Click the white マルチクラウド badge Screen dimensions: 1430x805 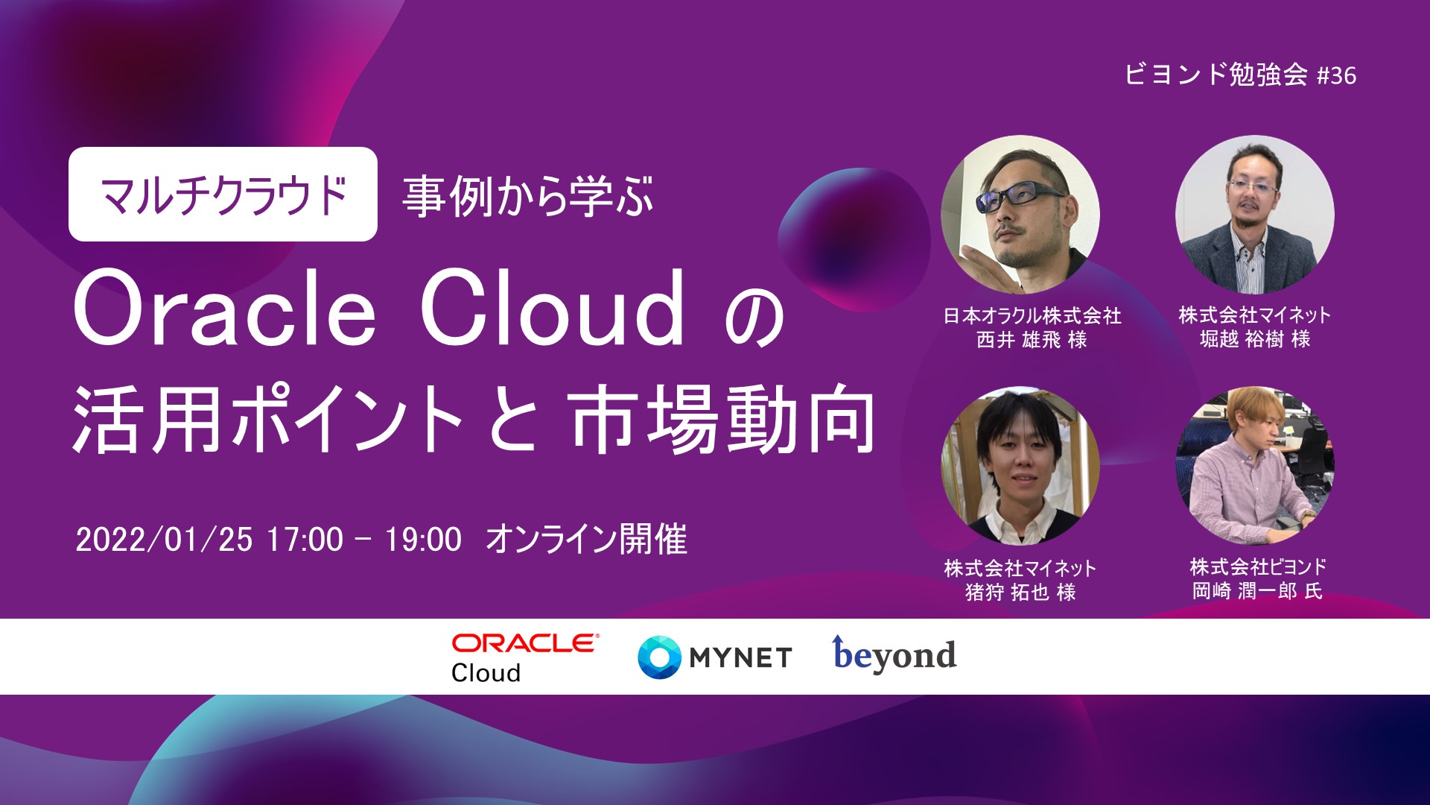(x=223, y=194)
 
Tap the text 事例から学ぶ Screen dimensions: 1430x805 (x=527, y=196)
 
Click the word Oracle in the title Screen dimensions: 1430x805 (x=224, y=309)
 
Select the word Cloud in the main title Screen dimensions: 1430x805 (x=552, y=309)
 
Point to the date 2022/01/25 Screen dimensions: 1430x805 (x=164, y=540)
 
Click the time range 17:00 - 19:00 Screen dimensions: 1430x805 (x=364, y=540)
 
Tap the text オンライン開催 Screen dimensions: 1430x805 (x=586, y=539)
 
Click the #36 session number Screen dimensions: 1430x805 (x=1336, y=75)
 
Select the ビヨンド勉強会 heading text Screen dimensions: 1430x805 (x=1215, y=75)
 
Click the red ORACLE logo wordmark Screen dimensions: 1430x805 (x=525, y=643)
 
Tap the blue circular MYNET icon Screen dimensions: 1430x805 (x=659, y=657)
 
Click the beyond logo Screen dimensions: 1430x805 (x=894, y=654)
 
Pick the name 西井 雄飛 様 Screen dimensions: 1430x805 (x=1032, y=340)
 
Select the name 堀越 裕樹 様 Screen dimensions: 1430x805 (x=1255, y=339)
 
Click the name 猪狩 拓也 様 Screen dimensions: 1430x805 (x=1020, y=592)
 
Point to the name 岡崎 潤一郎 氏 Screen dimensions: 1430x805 (x=1256, y=591)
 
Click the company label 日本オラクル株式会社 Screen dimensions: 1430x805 (x=1032, y=316)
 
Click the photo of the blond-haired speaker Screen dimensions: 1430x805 (x=1255, y=465)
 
